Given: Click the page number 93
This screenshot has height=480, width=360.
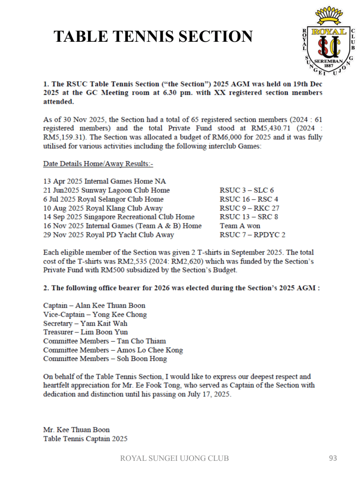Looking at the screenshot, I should pyautogui.click(x=332, y=458).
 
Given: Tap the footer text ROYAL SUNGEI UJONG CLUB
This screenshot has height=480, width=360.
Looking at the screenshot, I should pyautogui.click(x=175, y=458).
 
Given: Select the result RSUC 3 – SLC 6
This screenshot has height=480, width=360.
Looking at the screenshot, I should pyautogui.click(x=247, y=190).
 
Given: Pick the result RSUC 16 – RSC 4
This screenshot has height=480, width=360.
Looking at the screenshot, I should pyautogui.click(x=249, y=199).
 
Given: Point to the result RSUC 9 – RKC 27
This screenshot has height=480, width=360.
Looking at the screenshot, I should pyautogui.click(x=249, y=208).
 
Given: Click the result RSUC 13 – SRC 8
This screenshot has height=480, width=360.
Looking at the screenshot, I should pyautogui.click(x=249, y=217).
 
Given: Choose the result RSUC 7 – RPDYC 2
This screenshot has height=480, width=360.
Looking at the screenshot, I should pyautogui.click(x=252, y=235).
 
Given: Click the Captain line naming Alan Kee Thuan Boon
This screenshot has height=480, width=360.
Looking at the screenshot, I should pyautogui.click(x=94, y=306).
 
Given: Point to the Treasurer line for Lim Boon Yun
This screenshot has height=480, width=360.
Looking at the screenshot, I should pyautogui.click(x=85, y=332).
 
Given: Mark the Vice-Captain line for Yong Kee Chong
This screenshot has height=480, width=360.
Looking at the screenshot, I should pyautogui.click(x=95, y=315).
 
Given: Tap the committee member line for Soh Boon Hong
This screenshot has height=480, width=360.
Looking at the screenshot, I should pyautogui.click(x=105, y=359).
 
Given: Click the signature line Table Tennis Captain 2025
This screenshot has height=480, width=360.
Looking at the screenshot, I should pyautogui.click(x=85, y=439).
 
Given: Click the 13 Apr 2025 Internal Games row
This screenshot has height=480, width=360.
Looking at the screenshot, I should pyautogui.click(x=104, y=181).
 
